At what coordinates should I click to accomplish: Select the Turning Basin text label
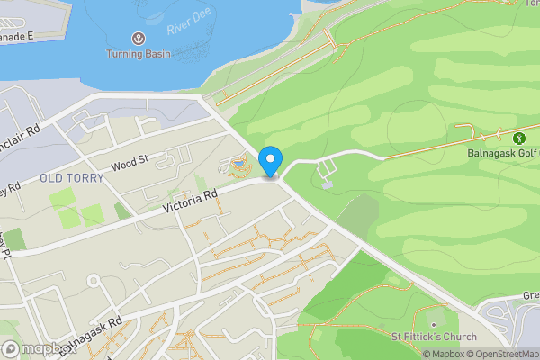[x=139, y=54]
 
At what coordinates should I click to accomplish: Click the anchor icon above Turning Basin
[x=139, y=39]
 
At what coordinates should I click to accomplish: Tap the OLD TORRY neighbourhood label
[x=72, y=178]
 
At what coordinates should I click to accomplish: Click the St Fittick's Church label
[x=434, y=337]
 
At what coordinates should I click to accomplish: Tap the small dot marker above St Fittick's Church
[x=434, y=324]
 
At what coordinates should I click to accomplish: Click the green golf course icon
[x=518, y=139]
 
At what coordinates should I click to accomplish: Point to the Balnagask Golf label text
[x=506, y=154]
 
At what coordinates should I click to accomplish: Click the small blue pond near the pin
[x=238, y=164]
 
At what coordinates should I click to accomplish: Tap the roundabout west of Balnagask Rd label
[x=92, y=282]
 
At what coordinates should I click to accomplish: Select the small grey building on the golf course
[x=326, y=185]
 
